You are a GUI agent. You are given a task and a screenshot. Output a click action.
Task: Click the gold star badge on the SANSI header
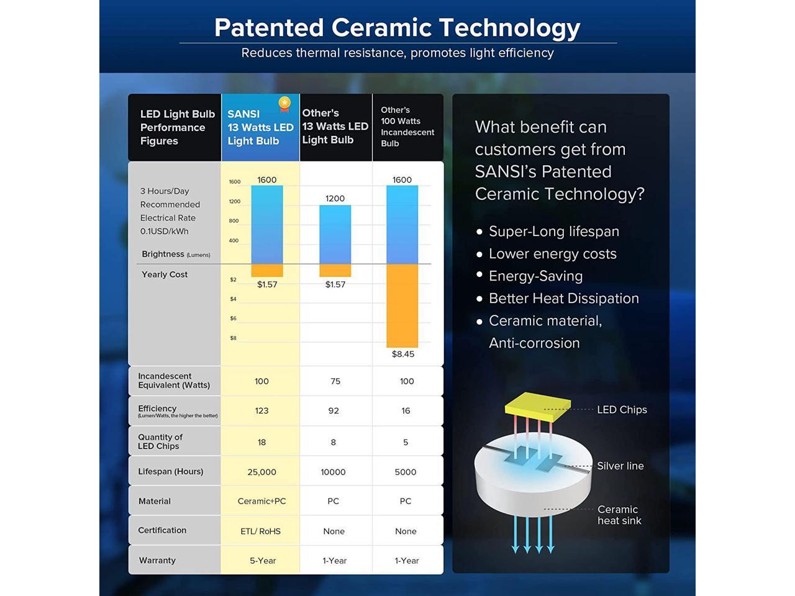click(284, 104)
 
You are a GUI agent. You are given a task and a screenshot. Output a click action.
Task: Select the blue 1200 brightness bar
click(335, 235)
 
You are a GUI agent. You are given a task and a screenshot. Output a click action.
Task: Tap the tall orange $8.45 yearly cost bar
click(402, 306)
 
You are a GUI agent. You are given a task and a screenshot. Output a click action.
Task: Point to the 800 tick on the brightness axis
click(234, 221)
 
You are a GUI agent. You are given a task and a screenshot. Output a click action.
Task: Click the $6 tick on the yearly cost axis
click(234, 318)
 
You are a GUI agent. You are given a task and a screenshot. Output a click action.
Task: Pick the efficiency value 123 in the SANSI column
click(261, 411)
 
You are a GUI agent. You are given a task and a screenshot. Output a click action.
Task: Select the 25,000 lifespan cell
click(261, 472)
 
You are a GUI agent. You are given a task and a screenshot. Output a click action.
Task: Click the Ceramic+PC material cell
click(261, 501)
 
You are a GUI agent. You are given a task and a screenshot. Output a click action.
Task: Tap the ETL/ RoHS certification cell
click(260, 531)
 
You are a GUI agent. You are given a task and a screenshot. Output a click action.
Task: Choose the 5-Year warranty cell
click(263, 561)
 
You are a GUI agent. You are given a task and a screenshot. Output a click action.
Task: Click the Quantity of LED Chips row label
click(160, 441)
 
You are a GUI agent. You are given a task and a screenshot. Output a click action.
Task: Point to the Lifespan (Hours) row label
click(171, 471)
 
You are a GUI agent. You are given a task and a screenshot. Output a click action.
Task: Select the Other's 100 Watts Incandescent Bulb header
click(407, 127)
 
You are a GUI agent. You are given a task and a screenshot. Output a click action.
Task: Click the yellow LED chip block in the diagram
click(538, 407)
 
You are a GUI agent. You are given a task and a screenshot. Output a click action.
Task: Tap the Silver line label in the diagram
click(620, 466)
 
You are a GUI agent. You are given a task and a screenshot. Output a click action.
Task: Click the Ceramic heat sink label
click(619, 515)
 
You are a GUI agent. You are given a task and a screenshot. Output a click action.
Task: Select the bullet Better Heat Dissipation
click(564, 299)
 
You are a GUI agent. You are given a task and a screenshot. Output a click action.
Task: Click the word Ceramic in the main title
click(381, 28)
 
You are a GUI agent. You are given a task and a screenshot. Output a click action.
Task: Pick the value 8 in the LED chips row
click(333, 442)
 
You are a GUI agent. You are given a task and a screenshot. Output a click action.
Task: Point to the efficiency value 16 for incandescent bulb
click(406, 411)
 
